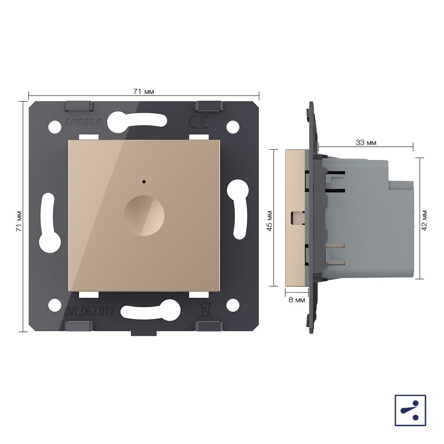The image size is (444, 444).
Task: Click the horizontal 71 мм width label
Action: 143,92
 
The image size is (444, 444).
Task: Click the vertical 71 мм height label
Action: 19,221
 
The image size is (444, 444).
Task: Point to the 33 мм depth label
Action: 366,143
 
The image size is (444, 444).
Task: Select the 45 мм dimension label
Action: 270,221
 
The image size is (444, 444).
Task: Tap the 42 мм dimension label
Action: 424,220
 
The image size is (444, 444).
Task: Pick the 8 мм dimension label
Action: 297,300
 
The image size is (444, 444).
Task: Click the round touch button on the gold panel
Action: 144,215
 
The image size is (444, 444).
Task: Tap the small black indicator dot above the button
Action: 144,182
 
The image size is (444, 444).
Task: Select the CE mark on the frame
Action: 198,122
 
